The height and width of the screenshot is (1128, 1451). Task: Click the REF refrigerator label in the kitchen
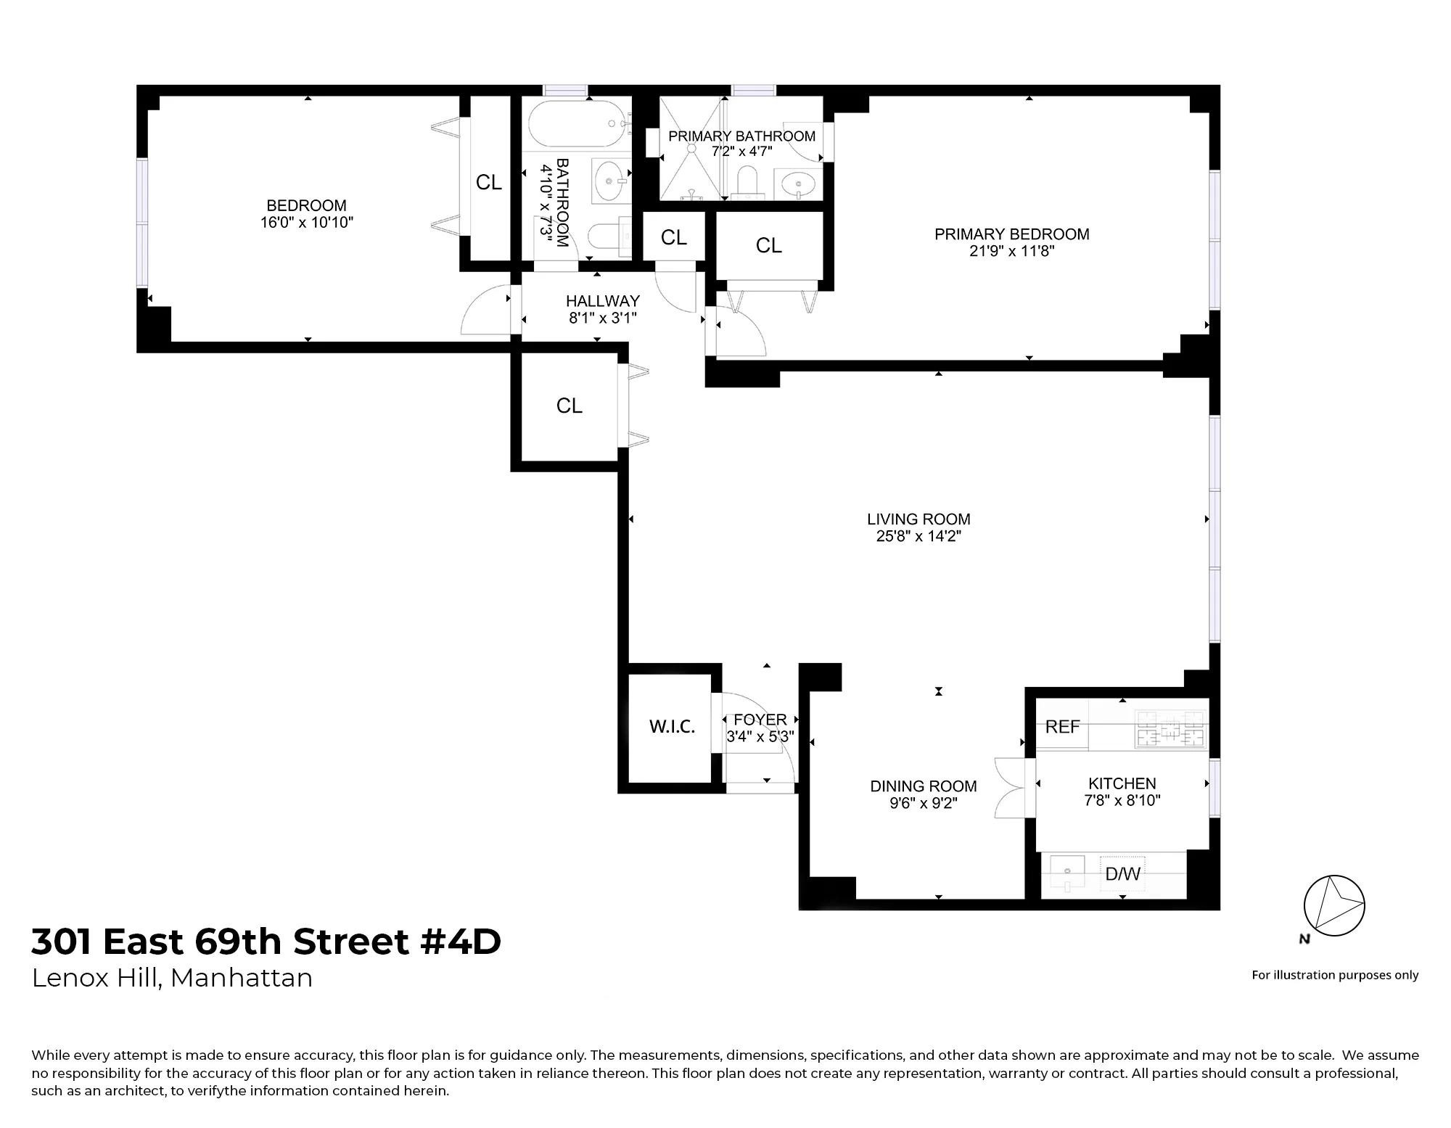1062,727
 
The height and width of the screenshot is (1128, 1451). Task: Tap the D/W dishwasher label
1122,874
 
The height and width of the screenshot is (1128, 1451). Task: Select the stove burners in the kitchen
1170,729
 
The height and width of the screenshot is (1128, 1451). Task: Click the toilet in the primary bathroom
746,181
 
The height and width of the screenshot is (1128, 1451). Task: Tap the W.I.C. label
672,727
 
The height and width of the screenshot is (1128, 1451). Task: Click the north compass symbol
1333,907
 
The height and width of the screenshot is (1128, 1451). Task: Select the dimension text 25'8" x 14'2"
918,537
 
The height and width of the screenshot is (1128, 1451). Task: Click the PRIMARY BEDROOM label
1011,234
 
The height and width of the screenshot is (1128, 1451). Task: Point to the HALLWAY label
602,300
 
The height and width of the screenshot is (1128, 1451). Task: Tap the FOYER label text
760,720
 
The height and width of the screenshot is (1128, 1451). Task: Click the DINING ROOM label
923,786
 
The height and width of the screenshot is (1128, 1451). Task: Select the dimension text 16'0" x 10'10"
306,223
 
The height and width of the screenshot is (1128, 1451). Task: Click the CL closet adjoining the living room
569,406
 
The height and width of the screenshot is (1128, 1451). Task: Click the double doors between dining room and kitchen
1010,788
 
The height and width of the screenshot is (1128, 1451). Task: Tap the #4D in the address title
460,942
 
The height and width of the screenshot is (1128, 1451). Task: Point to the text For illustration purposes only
1334,976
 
